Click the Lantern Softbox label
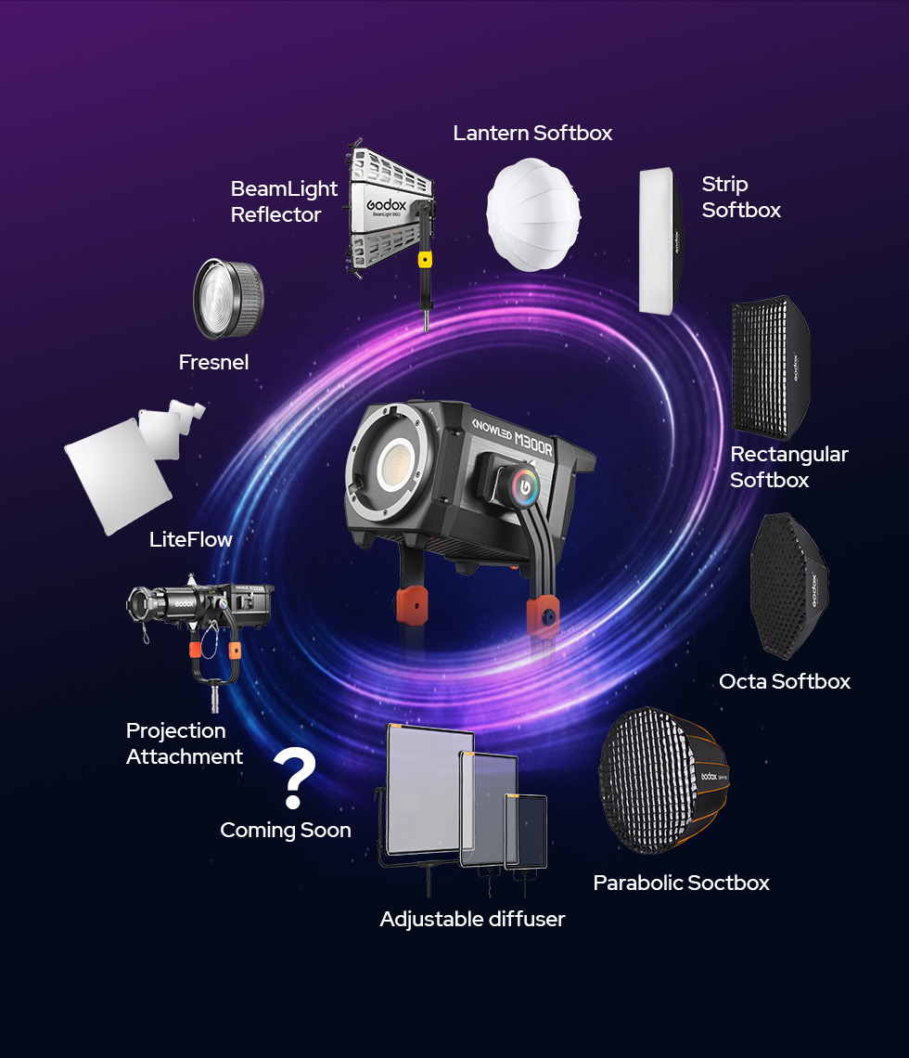point(532,133)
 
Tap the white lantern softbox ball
point(533,213)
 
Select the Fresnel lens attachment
point(227,299)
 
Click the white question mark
point(295,780)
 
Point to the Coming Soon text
point(286,830)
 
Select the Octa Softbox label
point(785,681)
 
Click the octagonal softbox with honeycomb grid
point(788,587)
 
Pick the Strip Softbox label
point(741,197)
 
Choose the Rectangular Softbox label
point(788,467)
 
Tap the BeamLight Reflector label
point(284,201)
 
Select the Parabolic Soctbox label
point(681,883)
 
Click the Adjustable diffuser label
point(472,919)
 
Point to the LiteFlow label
point(191,539)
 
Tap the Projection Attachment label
point(185,743)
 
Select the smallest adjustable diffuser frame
point(526,832)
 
